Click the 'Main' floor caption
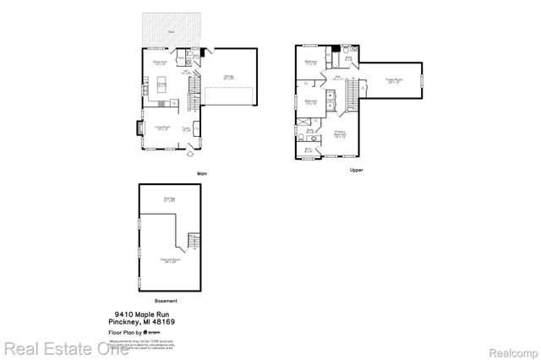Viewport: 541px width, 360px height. [x=202, y=174]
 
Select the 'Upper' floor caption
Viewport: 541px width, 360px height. [x=357, y=170]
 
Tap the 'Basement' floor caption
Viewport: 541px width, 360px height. [x=166, y=301]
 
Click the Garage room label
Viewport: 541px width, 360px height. [x=228, y=77]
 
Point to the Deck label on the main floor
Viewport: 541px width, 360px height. [x=171, y=31]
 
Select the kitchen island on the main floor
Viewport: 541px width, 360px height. [x=161, y=85]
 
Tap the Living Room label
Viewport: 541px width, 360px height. [x=162, y=128]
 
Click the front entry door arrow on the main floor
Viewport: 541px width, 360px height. [x=189, y=155]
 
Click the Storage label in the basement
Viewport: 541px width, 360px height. [x=169, y=199]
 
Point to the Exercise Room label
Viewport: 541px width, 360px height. [x=172, y=260]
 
